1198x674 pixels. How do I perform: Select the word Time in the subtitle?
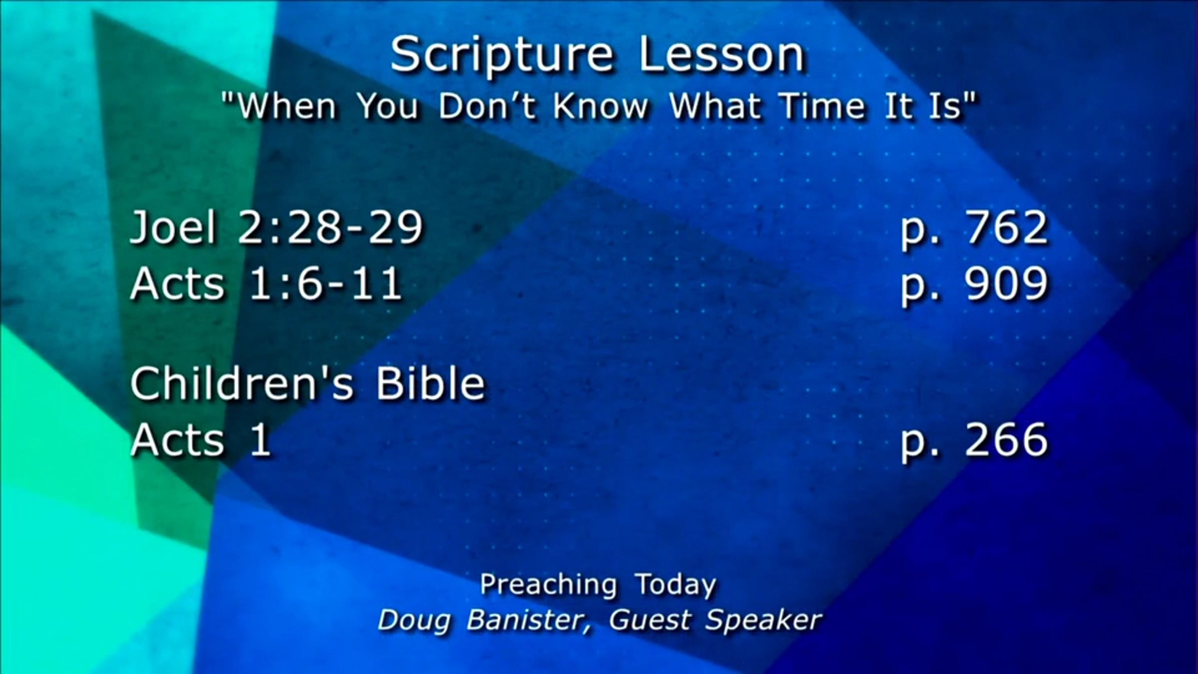(822, 106)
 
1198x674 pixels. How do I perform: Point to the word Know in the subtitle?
(600, 106)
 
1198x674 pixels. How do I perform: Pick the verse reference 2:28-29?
(330, 228)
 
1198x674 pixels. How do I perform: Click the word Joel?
(173, 228)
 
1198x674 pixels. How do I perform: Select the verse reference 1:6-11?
(325, 284)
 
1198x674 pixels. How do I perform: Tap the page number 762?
(1006, 228)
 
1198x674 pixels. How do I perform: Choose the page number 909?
(1006, 284)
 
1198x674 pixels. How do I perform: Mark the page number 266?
(1006, 439)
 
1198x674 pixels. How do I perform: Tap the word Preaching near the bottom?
(548, 585)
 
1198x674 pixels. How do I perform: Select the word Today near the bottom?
(675, 585)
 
